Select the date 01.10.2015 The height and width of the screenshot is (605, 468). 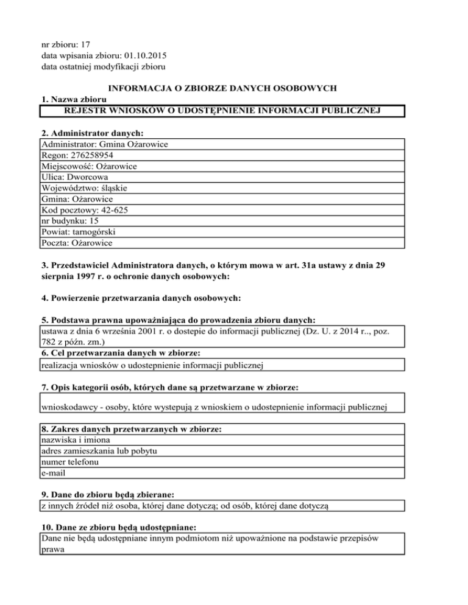pyautogui.click(x=145, y=55)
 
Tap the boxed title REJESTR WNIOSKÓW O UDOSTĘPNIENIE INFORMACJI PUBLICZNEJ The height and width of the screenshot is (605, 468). pyautogui.click(x=222, y=110)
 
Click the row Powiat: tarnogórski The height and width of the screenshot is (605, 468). pyautogui.click(x=78, y=232)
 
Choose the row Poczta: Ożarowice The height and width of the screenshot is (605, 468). pyautogui.click(x=77, y=243)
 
